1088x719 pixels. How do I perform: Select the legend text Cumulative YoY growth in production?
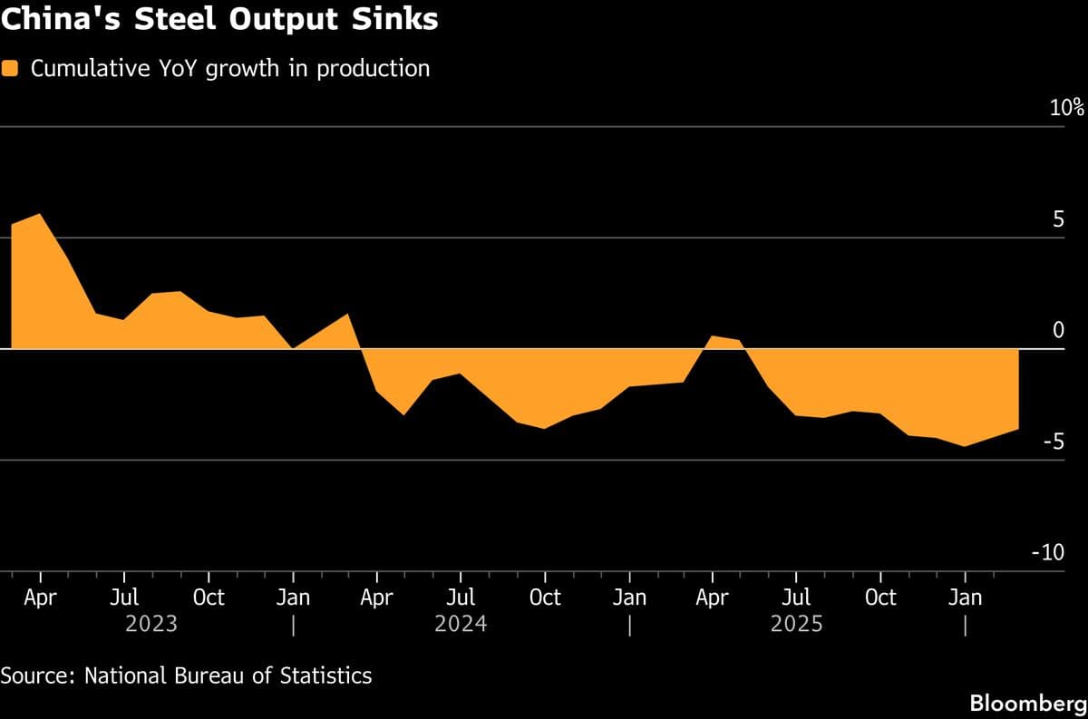pyautogui.click(x=230, y=69)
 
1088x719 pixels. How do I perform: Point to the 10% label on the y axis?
pyautogui.click(x=1066, y=109)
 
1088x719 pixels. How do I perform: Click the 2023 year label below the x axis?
pyautogui.click(x=151, y=625)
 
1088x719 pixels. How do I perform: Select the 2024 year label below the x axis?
pyautogui.click(x=461, y=625)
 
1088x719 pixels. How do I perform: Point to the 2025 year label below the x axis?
pyautogui.click(x=796, y=625)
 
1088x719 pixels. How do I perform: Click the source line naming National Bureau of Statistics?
pyautogui.click(x=186, y=675)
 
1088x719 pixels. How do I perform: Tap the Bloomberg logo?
pyautogui.click(x=1027, y=703)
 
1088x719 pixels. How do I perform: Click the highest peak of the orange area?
pyautogui.click(x=39, y=215)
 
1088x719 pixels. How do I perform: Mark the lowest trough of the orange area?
pyautogui.click(x=965, y=445)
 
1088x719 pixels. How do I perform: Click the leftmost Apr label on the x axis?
pyautogui.click(x=41, y=598)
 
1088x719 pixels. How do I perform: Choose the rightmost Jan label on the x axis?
pyautogui.click(x=965, y=598)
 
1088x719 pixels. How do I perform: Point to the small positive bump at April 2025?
pyautogui.click(x=714, y=336)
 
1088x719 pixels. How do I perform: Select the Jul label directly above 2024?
pyautogui.click(x=461, y=598)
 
